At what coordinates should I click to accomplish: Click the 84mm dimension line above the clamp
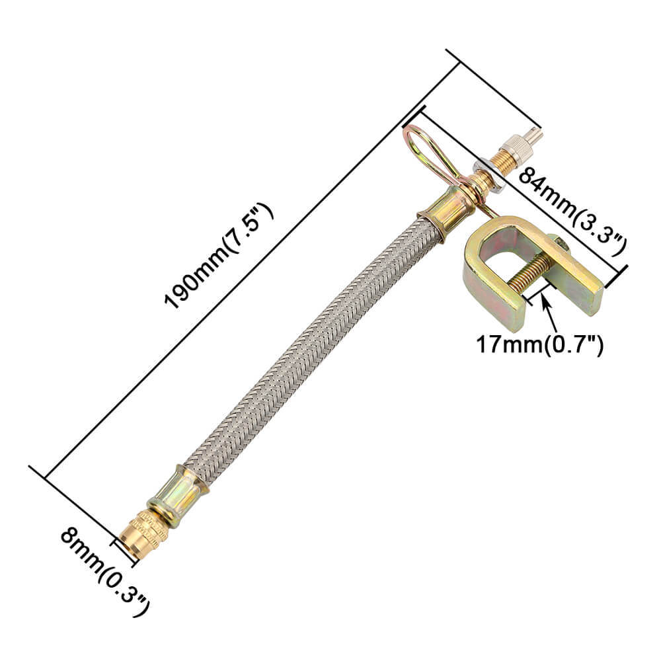pos(522,188)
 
